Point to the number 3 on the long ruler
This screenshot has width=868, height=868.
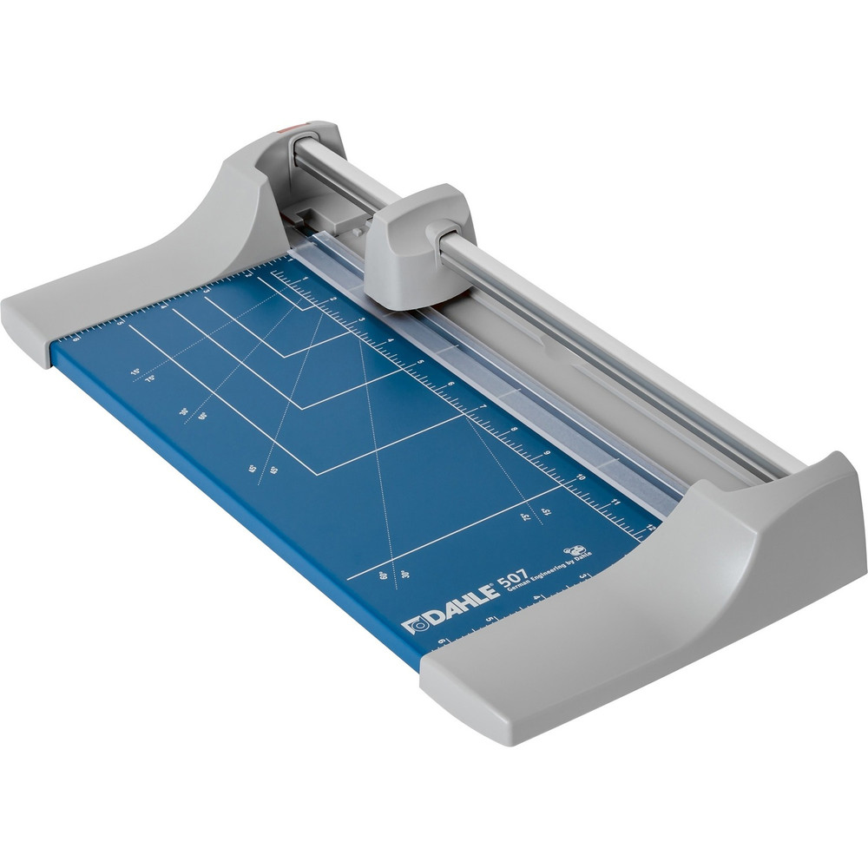point(362,319)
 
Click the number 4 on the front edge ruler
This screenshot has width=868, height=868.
point(536,598)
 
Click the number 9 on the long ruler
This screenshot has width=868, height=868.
point(546,452)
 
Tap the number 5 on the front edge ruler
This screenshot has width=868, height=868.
point(490,619)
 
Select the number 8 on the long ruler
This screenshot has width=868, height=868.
point(514,428)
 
